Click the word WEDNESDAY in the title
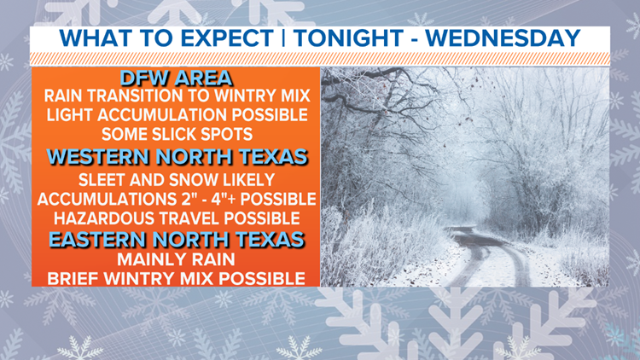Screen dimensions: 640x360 click(x=503, y=38)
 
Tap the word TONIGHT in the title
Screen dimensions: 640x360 click(x=348, y=38)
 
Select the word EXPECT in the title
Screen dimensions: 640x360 click(x=226, y=38)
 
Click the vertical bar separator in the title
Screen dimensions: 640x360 click(x=283, y=38)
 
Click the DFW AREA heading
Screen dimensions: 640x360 click(x=177, y=78)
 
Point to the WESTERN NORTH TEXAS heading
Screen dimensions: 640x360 click(x=177, y=157)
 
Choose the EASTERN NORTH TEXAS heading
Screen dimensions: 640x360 click(x=177, y=239)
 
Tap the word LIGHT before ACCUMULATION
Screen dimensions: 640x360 click(x=70, y=115)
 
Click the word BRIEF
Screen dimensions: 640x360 click(x=73, y=279)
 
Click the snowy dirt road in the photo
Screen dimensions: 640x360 click(x=490, y=261)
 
